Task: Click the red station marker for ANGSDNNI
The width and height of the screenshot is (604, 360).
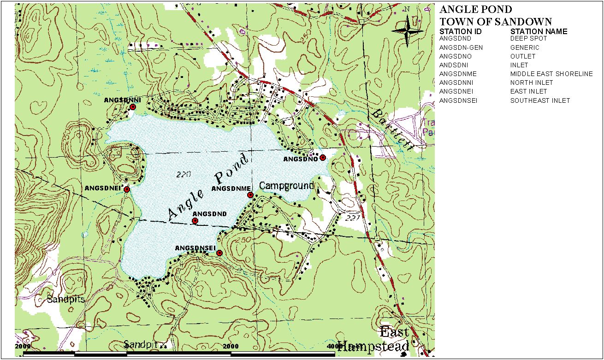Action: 133,107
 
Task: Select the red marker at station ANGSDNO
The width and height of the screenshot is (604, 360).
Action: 323,158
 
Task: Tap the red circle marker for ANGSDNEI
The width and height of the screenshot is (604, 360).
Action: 127,189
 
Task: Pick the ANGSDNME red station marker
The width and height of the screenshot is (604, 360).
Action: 250,195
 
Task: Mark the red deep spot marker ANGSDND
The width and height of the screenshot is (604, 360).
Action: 195,221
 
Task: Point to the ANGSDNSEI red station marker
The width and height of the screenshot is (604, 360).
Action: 219,253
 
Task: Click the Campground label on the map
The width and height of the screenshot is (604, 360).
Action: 286,186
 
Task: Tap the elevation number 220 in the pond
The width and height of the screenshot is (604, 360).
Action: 183,174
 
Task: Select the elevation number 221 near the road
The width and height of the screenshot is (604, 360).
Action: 352,218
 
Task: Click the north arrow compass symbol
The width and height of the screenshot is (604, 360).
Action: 408,30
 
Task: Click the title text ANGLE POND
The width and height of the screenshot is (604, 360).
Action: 475,10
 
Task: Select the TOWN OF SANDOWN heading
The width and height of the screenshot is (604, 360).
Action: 496,22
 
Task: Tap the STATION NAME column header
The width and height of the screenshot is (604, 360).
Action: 539,31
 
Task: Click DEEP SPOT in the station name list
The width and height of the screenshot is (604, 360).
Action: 528,39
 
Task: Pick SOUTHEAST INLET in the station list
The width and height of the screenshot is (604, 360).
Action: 540,100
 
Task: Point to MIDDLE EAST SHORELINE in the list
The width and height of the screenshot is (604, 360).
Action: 551,74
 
